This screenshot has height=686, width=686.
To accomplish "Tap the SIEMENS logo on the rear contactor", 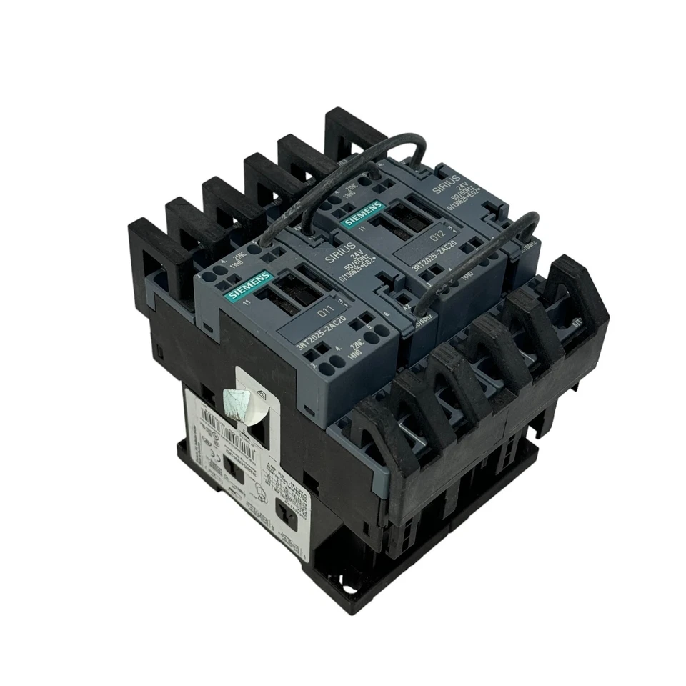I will pyautogui.click(x=363, y=213).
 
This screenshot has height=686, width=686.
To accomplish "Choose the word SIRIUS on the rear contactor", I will pyautogui.click(x=443, y=187).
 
